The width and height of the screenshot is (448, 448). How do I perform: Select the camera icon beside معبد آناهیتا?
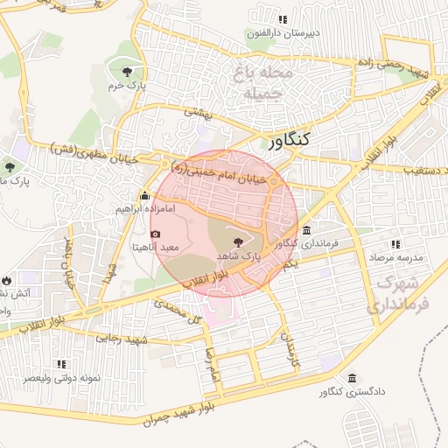[157, 234]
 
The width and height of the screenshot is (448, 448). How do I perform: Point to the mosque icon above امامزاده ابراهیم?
[145, 196]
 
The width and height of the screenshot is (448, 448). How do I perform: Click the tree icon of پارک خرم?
[128, 71]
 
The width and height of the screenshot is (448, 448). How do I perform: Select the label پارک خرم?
[125, 87]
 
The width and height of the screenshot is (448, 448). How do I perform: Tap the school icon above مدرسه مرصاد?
[395, 244]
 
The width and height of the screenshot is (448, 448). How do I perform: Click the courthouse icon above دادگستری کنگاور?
[352, 378]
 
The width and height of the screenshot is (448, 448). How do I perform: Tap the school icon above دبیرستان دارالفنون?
[282, 19]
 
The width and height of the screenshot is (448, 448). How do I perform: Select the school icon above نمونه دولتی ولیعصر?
[61, 363]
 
